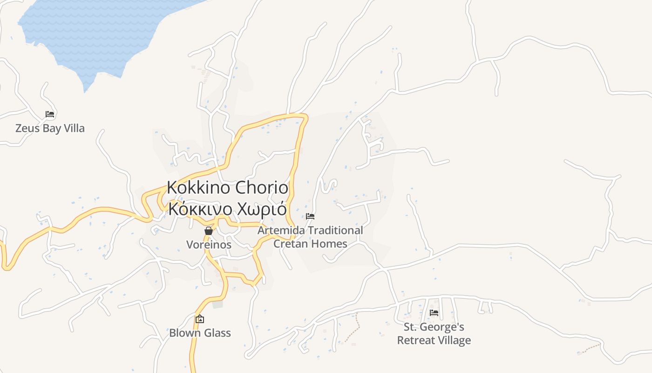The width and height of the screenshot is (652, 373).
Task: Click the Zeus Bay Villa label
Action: click(50, 128)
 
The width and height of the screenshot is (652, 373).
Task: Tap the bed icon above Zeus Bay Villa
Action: click(50, 114)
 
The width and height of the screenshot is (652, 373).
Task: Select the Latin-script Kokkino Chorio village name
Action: click(228, 188)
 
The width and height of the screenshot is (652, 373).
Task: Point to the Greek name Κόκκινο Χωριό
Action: click(228, 209)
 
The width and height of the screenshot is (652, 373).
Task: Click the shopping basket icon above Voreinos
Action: click(209, 231)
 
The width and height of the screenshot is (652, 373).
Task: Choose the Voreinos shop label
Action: click(209, 244)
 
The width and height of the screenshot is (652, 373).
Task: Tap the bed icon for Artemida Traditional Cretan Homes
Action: click(310, 216)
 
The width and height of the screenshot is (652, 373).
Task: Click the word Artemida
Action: click(281, 230)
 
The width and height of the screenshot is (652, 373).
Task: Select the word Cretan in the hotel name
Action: click(291, 243)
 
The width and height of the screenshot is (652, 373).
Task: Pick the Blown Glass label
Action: click(200, 333)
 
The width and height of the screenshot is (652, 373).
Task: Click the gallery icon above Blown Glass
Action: click(200, 319)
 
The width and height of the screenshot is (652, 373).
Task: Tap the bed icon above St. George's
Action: click(434, 312)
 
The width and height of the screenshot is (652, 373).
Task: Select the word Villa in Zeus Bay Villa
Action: click(74, 128)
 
